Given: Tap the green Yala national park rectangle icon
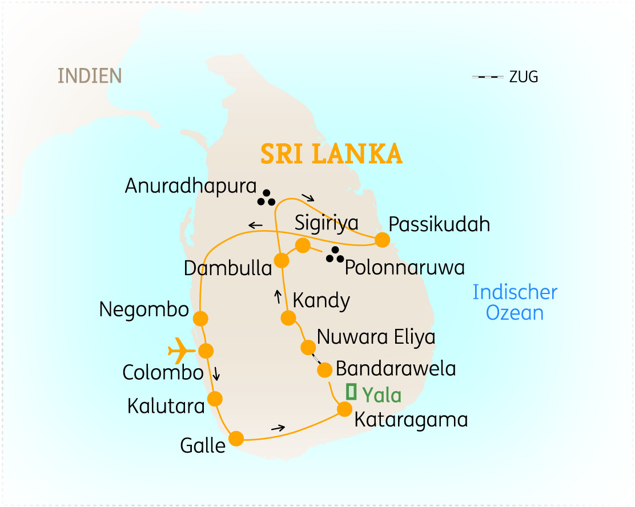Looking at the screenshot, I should tap(351, 392).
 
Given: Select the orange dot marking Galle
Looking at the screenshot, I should tap(236, 438).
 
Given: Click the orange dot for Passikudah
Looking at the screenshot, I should tap(382, 240).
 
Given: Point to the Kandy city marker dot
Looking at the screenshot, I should tap(288, 318).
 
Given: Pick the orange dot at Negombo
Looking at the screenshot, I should tap(200, 318).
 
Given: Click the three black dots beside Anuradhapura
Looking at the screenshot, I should tap(266, 198).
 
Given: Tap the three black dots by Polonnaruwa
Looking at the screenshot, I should tap(335, 256).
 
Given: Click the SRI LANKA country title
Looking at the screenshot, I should tap(331, 154).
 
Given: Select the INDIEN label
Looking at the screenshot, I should tap(90, 76).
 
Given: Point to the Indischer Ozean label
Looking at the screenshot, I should tap(515, 303).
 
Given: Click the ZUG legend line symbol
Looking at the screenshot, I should tap(487, 77).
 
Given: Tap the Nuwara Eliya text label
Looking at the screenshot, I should tap(376, 337).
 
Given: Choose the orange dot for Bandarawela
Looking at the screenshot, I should tap(324, 370).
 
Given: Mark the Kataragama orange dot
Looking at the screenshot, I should tap(344, 409).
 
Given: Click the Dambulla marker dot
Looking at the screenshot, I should tap(282, 260).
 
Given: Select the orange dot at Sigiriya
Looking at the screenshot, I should tap(303, 246).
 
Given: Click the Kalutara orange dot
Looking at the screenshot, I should tap(215, 399).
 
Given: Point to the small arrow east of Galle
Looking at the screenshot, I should tap(278, 428).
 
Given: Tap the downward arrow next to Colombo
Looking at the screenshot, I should tap(216, 375).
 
